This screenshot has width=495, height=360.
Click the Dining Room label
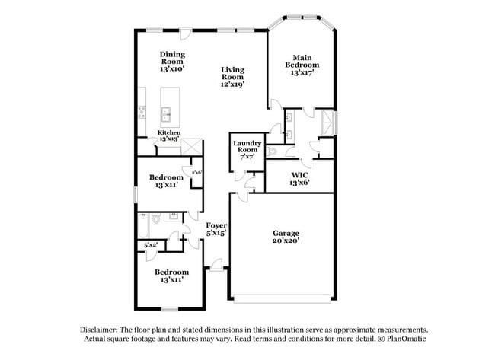tap(172, 58)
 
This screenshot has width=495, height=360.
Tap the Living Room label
tap(232, 73)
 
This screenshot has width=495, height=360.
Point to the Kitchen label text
tap(169, 132)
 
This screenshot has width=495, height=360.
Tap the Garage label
tap(286, 233)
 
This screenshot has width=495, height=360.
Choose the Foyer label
tap(216, 225)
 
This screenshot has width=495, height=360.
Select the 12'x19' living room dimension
tap(232, 84)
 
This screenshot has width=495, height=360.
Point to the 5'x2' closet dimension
tap(151, 245)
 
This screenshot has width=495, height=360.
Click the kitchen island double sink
tap(166, 116)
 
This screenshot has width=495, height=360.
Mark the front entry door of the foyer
tap(217, 268)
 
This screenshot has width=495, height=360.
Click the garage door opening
tap(282, 298)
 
